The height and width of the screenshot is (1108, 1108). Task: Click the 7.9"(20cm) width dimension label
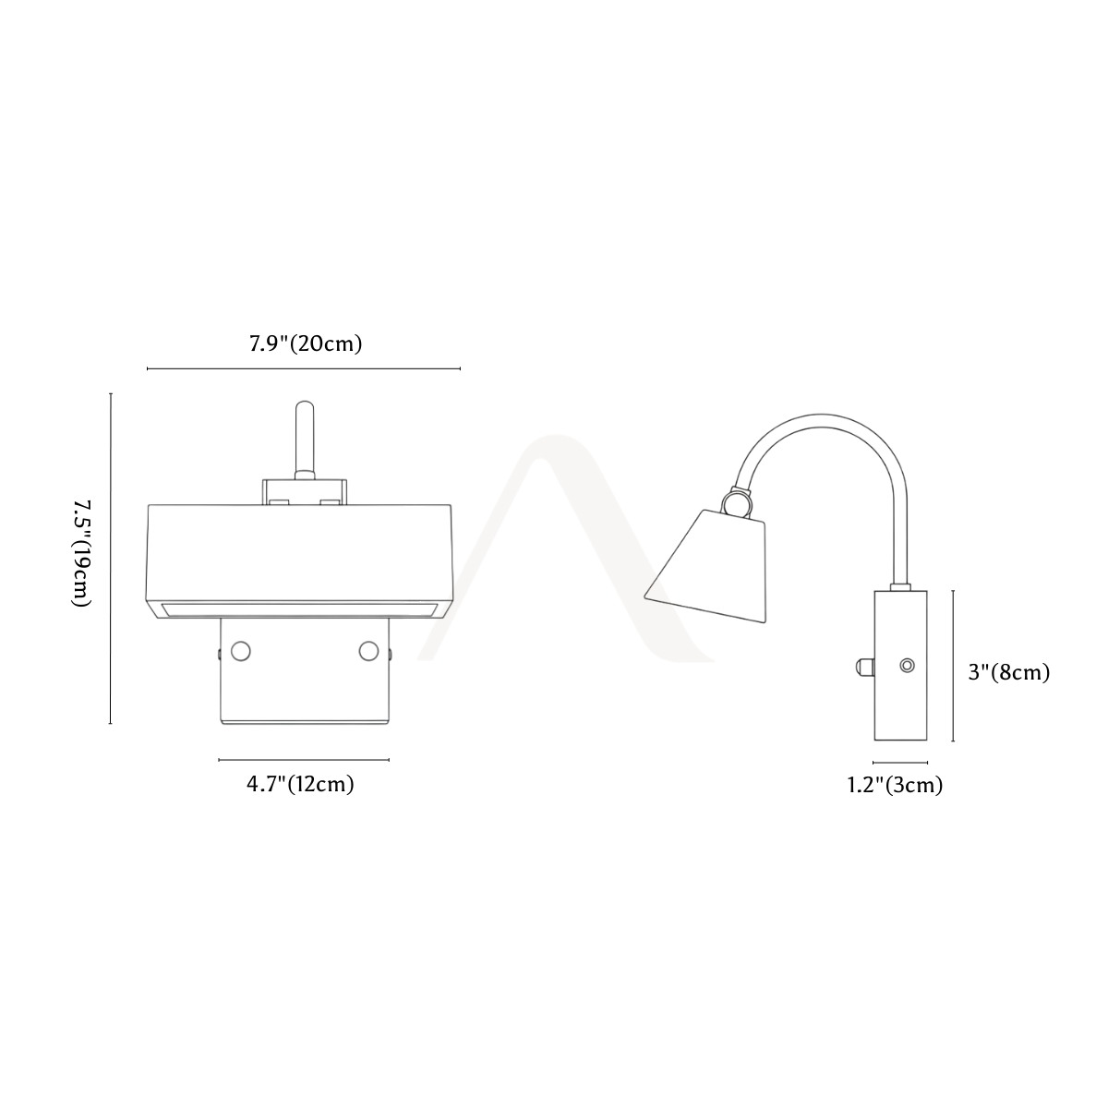tap(306, 343)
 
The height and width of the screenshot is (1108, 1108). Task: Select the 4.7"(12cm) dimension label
tap(300, 784)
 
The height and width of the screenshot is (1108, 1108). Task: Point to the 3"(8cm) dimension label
tap(1009, 672)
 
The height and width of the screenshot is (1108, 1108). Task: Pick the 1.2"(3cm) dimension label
tap(896, 785)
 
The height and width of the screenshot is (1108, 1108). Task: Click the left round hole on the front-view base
tap(240, 652)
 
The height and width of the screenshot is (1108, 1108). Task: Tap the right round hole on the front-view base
tap(368, 652)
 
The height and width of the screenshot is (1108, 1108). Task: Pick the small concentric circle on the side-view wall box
tap(908, 666)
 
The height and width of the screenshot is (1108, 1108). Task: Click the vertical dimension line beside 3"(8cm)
tap(953, 666)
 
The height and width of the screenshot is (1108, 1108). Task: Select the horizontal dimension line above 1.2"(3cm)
tap(900, 763)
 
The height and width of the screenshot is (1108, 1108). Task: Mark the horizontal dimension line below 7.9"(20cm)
tap(304, 368)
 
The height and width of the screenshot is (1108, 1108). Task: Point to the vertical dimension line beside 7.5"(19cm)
tap(111, 559)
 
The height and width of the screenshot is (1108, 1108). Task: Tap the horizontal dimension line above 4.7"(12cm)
tap(304, 760)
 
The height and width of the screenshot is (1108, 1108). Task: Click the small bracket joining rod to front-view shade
tap(305, 492)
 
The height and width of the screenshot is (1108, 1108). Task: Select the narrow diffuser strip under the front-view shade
tap(297, 609)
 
